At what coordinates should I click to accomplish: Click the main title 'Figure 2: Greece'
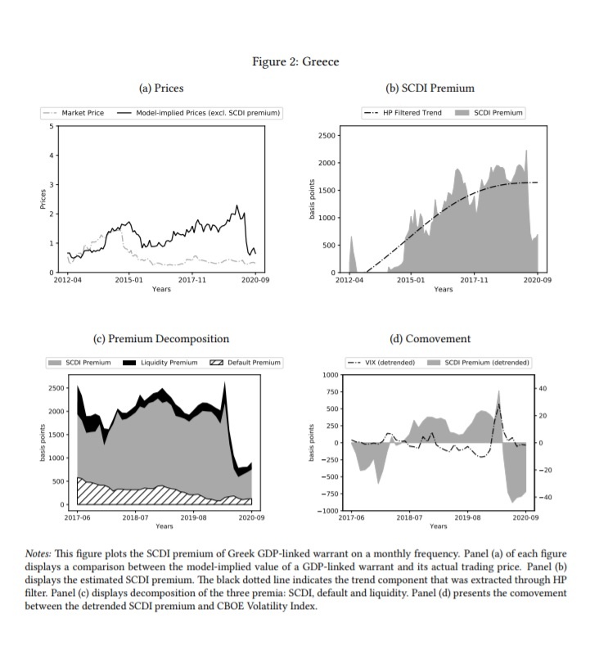(x=296, y=61)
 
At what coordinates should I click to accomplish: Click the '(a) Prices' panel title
(x=161, y=88)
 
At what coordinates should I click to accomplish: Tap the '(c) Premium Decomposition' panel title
(x=161, y=338)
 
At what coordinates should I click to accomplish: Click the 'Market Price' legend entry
(x=83, y=112)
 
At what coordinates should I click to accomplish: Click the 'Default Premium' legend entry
(x=254, y=362)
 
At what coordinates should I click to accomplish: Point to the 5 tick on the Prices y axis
(x=49, y=125)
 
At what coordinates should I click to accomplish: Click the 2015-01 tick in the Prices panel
(x=129, y=280)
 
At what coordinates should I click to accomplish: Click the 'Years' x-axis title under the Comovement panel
(x=438, y=526)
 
